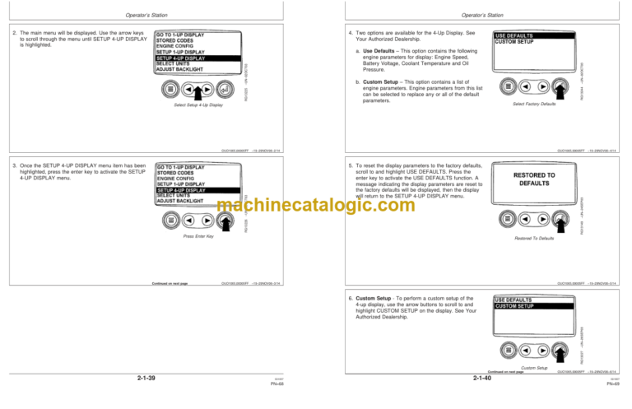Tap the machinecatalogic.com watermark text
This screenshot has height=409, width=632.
(x=316, y=205)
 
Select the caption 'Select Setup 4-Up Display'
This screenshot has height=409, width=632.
(x=193, y=105)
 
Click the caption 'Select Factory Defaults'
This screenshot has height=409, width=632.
(x=535, y=105)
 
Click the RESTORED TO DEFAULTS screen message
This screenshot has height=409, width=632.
(x=534, y=179)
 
